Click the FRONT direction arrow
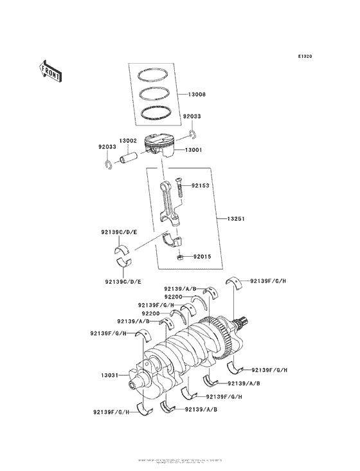tap(51, 70)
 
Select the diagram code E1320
tap(305, 57)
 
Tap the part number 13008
tap(197, 94)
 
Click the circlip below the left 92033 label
tap(108, 165)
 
